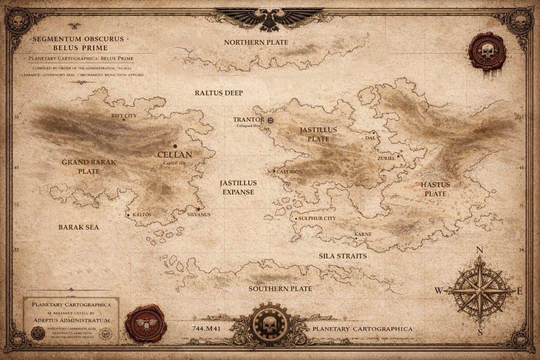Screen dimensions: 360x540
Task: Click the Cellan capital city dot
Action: pos(175,146)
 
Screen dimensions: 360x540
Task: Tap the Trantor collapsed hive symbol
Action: pos(270,120)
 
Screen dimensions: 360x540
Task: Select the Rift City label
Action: pos(124,115)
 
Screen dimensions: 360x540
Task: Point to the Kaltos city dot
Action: pos(128,215)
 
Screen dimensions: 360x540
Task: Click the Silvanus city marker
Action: pos(198,209)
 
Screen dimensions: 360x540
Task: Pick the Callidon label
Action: pos(290,172)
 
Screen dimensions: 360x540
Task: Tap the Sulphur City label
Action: pos(317,218)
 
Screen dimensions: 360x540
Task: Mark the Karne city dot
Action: pos(356,238)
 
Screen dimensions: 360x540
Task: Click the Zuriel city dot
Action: pos(398,156)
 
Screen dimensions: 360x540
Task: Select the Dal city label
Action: pos(370,138)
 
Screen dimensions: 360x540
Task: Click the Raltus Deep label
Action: pos(219,93)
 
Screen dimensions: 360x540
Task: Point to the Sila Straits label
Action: pos(343,256)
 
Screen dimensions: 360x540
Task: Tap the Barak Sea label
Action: pos(79,227)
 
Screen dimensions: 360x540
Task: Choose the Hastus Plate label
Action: pos(435,189)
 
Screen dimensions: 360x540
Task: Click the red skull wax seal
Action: pos(487,51)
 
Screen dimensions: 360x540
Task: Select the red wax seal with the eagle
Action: pos(146,324)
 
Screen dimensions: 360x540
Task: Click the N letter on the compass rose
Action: pos(479,250)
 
